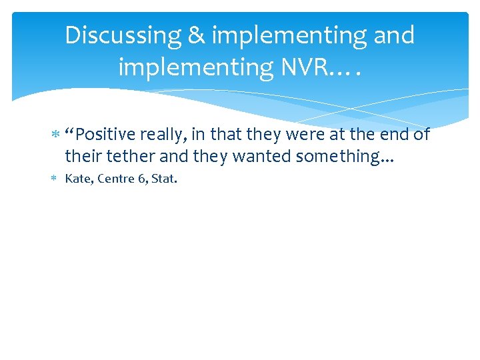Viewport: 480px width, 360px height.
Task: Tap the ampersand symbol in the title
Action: click(x=197, y=35)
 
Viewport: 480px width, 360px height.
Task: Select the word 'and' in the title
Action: click(x=393, y=35)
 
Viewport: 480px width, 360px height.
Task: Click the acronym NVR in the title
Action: click(x=317, y=67)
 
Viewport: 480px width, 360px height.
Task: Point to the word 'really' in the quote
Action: click(x=163, y=135)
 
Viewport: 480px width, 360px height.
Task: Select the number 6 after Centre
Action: click(x=142, y=179)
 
